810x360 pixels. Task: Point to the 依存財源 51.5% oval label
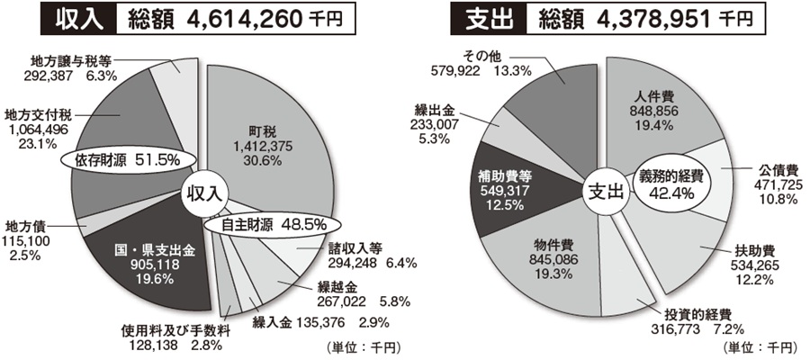tap(126, 159)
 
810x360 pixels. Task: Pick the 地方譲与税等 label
tap(67, 70)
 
